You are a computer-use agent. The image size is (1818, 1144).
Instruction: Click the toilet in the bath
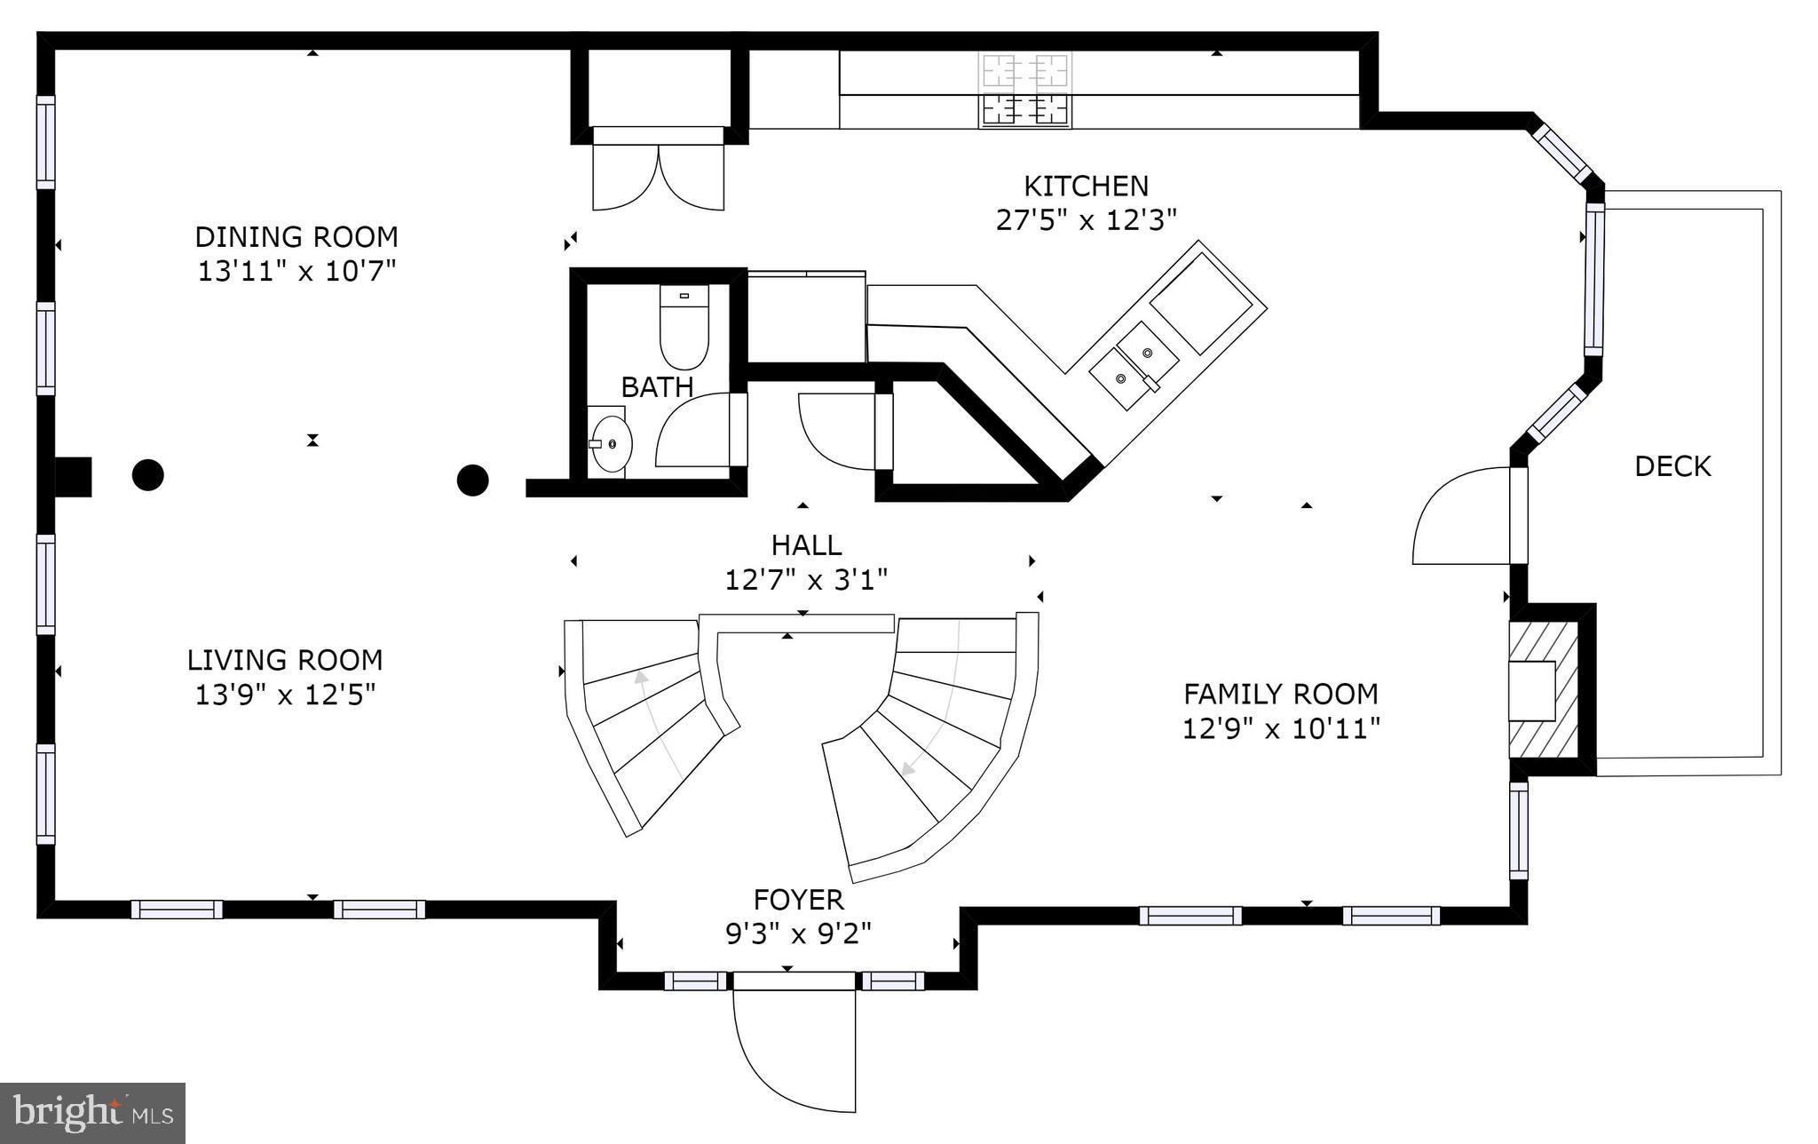click(684, 327)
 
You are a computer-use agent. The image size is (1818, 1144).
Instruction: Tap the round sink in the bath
click(612, 442)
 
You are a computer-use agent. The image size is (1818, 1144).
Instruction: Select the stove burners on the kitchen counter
click(1024, 89)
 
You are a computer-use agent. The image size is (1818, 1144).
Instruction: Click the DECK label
click(1672, 466)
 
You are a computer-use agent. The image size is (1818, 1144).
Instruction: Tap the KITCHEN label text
click(1086, 186)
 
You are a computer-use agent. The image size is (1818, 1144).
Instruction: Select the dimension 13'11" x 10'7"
click(296, 271)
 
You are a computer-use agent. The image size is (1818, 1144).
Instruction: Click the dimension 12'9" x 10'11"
click(1280, 729)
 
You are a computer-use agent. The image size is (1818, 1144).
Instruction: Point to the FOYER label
click(798, 900)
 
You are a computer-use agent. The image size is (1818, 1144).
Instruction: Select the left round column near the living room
click(148, 474)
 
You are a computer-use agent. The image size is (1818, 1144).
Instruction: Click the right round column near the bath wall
click(473, 480)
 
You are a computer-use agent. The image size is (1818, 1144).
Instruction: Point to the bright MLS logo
click(92, 1113)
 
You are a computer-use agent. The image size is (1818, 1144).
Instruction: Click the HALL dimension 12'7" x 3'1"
click(806, 580)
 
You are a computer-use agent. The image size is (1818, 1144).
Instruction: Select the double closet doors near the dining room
click(658, 177)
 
